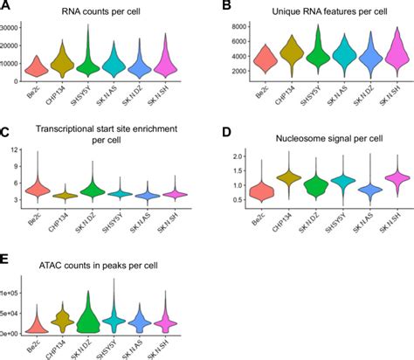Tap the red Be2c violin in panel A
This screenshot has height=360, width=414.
(37, 66)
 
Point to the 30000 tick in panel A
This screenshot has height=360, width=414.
(13, 29)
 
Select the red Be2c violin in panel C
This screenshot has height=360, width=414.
(37, 189)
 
